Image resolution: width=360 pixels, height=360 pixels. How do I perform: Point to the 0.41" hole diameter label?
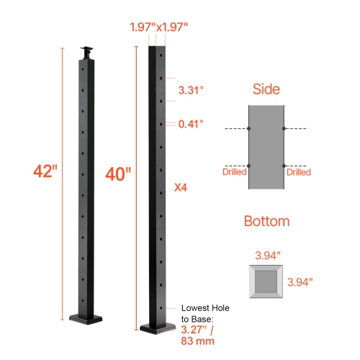pos(191,124)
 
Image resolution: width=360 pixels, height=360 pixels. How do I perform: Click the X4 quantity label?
pos(182,188)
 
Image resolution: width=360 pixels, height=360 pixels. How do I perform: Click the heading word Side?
pos(266,89)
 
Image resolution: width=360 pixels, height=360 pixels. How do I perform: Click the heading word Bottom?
pos(266,222)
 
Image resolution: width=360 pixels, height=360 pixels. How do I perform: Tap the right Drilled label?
pos(299,173)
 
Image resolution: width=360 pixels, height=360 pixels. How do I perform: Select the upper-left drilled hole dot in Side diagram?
pos(249,129)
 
